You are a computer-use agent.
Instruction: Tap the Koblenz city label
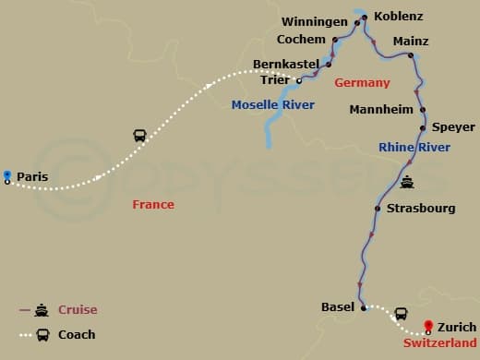pos(398,17)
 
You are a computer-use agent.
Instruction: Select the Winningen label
pos(317,22)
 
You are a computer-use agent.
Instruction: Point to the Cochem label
pos(302,40)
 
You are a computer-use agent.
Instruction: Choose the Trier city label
pos(275,79)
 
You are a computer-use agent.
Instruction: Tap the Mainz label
pos(411,42)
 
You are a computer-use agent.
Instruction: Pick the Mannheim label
pos(380,110)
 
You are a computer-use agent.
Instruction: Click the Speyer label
pos(453,127)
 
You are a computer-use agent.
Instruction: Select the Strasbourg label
pos(421,209)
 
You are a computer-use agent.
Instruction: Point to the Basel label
pos(338,306)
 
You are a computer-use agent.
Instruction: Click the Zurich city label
pos(458,327)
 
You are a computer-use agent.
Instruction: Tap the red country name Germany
pos(356,83)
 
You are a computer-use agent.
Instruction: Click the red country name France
pos(152,204)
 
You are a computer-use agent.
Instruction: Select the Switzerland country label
pos(440,342)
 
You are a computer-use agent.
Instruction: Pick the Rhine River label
pos(414,148)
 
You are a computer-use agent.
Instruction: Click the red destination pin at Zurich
pos(428,325)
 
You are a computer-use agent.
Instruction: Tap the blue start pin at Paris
pos(7,174)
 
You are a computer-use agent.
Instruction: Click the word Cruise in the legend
pos(78,310)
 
